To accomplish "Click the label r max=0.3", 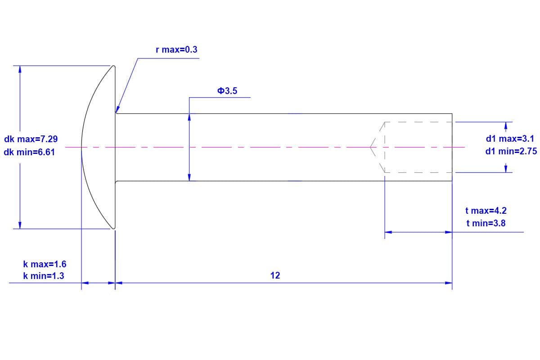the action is [x=176, y=49].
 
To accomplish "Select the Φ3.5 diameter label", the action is [x=227, y=91].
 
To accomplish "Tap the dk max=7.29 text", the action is [x=31, y=139].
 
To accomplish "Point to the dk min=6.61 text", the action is [x=29, y=152].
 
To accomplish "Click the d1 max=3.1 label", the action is [x=510, y=139].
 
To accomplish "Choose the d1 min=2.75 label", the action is [x=511, y=152].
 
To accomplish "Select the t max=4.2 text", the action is [x=486, y=211].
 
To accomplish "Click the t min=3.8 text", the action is [x=486, y=223].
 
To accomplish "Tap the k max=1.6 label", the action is [x=45, y=264].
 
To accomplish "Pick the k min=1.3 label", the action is [x=44, y=276].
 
